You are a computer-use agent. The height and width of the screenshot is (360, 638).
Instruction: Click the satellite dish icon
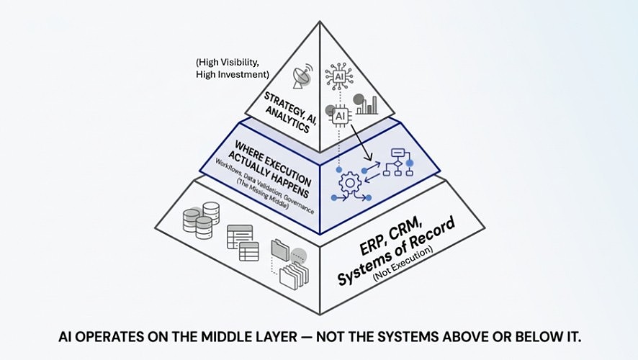coord(299,75)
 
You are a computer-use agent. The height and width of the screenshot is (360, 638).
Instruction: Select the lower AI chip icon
coord(340,115)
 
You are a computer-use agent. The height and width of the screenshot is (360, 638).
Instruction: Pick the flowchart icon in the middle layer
coord(397,162)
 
